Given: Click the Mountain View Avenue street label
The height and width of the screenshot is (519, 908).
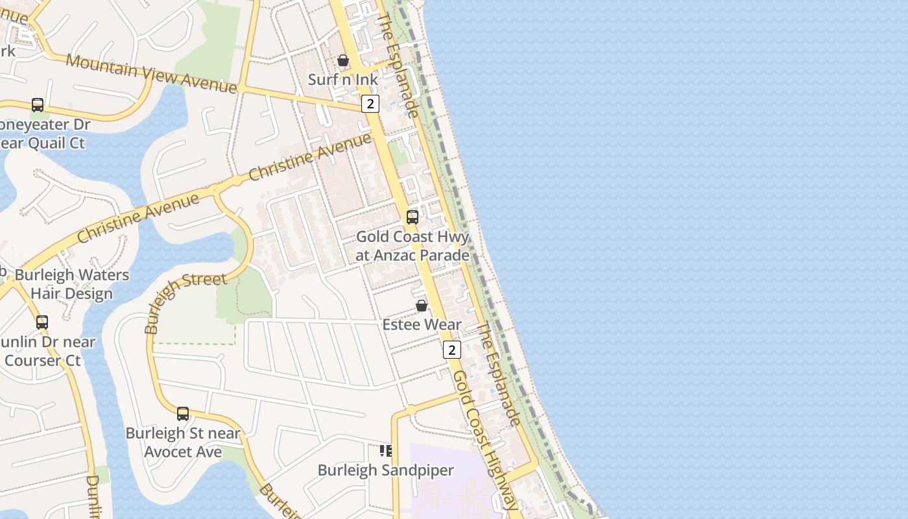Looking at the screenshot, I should pos(151,74).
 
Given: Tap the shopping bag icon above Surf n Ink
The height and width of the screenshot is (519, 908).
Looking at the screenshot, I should pos(343,60).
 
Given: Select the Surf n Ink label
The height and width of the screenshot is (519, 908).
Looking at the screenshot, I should pos(342,80).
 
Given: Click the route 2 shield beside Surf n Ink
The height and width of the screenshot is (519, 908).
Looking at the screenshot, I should pos(370,103).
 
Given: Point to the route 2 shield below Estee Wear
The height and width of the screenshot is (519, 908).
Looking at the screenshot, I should pos(451,350).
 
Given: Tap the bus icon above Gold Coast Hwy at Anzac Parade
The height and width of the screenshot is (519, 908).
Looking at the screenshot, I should pos(412,217).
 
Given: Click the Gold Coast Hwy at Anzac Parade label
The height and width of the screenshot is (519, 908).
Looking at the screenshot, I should pos(412,246).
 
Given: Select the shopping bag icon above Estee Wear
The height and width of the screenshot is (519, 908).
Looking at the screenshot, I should pos(422,305).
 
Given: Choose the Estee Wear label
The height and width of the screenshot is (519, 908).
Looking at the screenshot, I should pos(422,324).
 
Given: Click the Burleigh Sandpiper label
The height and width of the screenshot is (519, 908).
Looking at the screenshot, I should pos(385,470).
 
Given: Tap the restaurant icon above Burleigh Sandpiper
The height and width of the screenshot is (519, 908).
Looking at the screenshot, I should pos(386,450).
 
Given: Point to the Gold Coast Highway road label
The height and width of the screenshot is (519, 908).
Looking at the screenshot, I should pos(486,441).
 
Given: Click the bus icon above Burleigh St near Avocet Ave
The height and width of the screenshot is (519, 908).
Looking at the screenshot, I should pos(183,413).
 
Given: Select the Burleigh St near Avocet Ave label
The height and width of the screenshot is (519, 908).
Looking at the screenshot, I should pos(183,442).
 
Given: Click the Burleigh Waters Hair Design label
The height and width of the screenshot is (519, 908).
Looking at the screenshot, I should pos(71,284).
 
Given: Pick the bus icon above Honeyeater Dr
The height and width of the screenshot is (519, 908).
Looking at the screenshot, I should pos(38,104).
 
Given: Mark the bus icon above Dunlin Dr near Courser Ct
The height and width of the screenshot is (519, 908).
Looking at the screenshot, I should pos(42,322).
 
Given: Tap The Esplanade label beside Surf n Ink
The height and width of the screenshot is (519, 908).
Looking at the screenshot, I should pos(397,65).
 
